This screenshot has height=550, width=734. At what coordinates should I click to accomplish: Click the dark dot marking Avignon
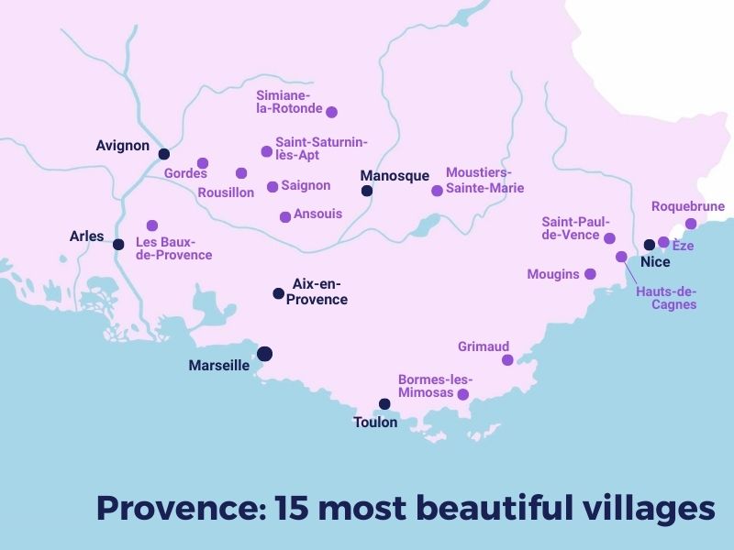(163, 154)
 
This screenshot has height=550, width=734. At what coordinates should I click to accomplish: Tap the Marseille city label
(218, 365)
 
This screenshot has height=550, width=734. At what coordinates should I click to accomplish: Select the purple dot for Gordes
(203, 163)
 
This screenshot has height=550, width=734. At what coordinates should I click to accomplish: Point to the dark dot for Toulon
(384, 403)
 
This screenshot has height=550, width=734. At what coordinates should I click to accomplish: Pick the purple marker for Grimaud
(507, 360)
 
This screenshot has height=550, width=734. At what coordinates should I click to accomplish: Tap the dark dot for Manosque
(367, 192)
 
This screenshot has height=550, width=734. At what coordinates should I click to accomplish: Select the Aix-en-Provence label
(319, 291)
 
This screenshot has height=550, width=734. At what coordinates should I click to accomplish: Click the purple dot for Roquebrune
(691, 224)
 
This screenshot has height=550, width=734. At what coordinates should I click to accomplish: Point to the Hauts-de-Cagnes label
(666, 298)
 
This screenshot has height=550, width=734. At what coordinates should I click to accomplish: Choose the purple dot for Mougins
(590, 273)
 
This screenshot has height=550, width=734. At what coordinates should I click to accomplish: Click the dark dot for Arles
(118, 244)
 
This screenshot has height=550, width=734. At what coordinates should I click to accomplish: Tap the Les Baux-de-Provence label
(173, 248)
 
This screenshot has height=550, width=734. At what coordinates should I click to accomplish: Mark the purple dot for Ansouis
(285, 216)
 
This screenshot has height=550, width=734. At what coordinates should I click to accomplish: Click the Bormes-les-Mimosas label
(435, 386)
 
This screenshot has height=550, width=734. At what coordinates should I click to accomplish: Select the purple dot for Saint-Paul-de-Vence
(609, 237)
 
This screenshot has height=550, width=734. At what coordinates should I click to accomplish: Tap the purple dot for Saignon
(272, 187)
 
